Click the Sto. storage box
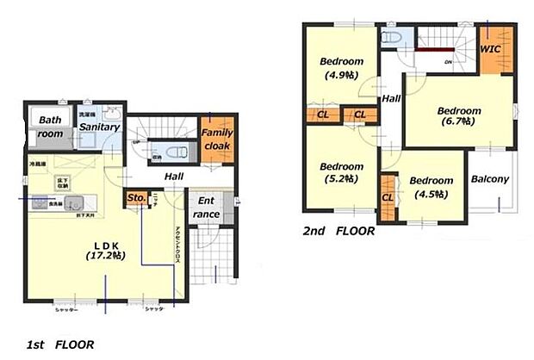[x=136, y=197]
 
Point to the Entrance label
[x=205, y=208]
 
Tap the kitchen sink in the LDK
[x=71, y=204]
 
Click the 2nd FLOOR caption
[x=338, y=231]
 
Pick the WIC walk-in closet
[x=490, y=49]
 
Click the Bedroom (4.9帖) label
[x=342, y=68]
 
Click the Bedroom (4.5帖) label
[x=431, y=187]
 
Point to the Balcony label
[x=490, y=180]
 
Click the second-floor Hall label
[x=391, y=99]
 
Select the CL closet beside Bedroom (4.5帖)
[x=388, y=197]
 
